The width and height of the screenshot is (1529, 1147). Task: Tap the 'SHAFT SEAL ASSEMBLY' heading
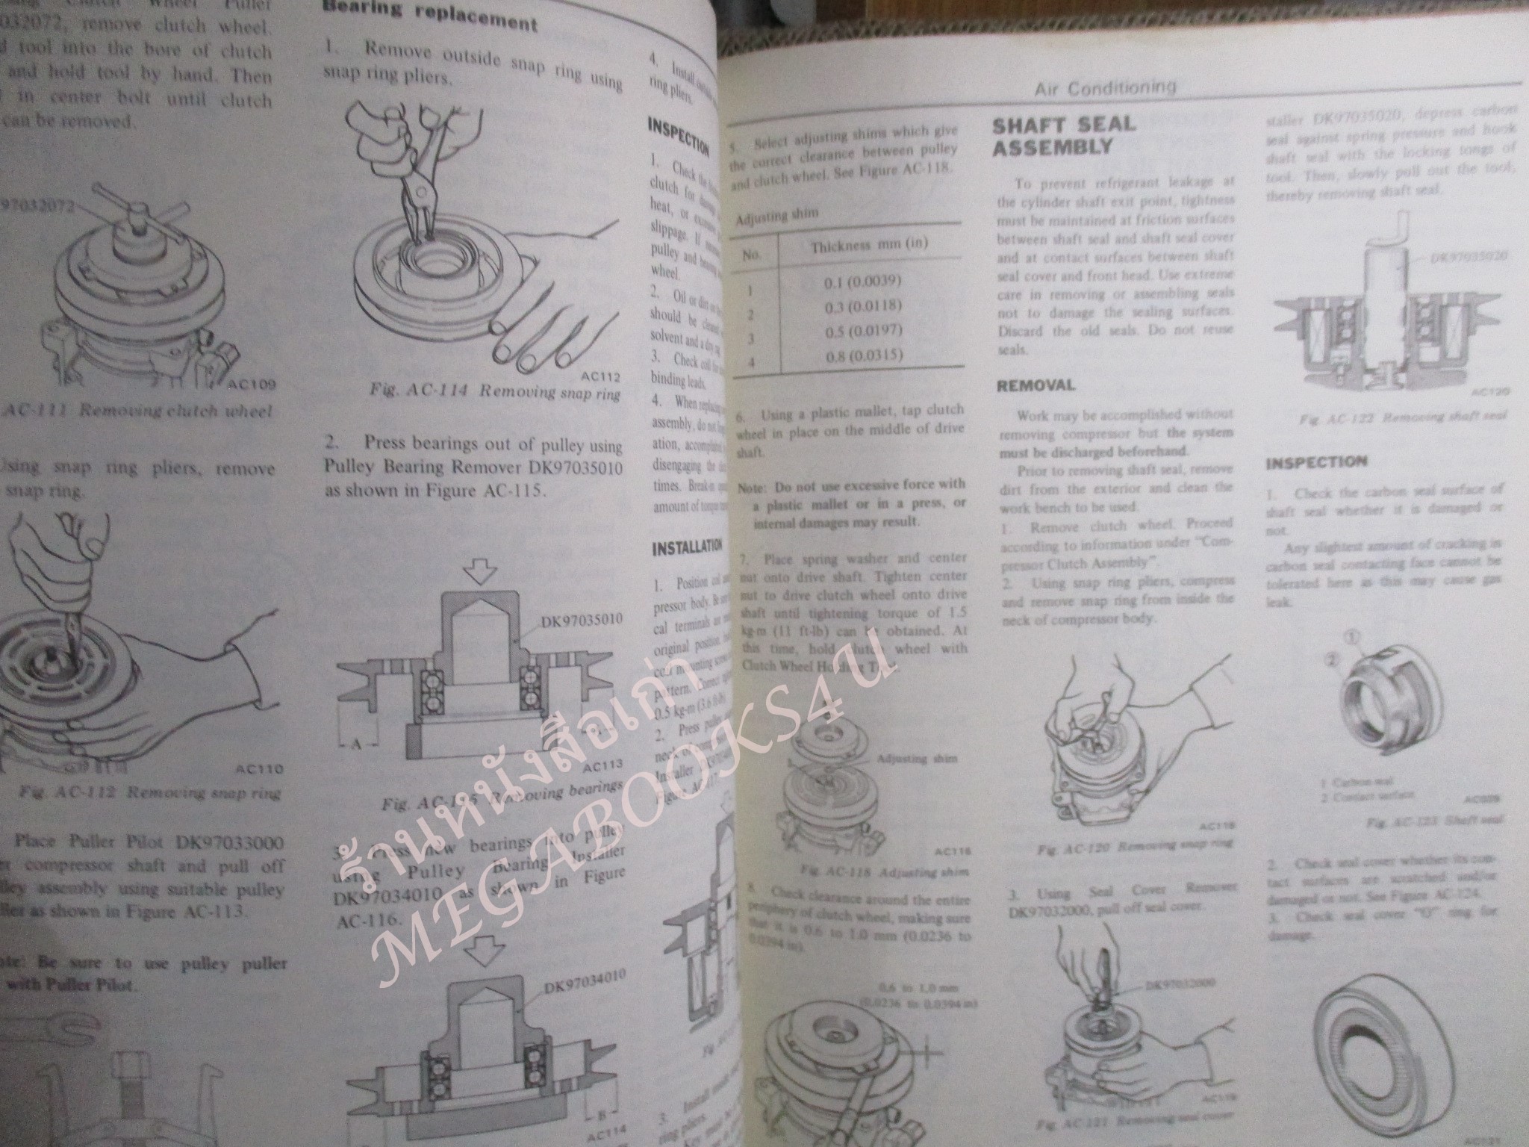[x=1063, y=135]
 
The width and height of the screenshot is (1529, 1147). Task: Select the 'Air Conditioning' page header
[x=1105, y=88]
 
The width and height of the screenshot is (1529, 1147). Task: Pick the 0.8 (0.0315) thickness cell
[x=865, y=355]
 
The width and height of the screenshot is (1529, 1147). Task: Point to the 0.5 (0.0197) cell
[x=865, y=331]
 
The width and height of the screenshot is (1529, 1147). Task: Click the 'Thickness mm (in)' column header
[x=865, y=246]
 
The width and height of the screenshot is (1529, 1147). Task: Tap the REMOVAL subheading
[x=1036, y=386]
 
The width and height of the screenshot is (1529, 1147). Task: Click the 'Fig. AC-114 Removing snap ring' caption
[x=494, y=394]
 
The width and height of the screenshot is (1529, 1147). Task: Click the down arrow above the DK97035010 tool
[x=478, y=572]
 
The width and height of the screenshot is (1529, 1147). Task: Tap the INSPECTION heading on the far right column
[x=1315, y=463]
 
